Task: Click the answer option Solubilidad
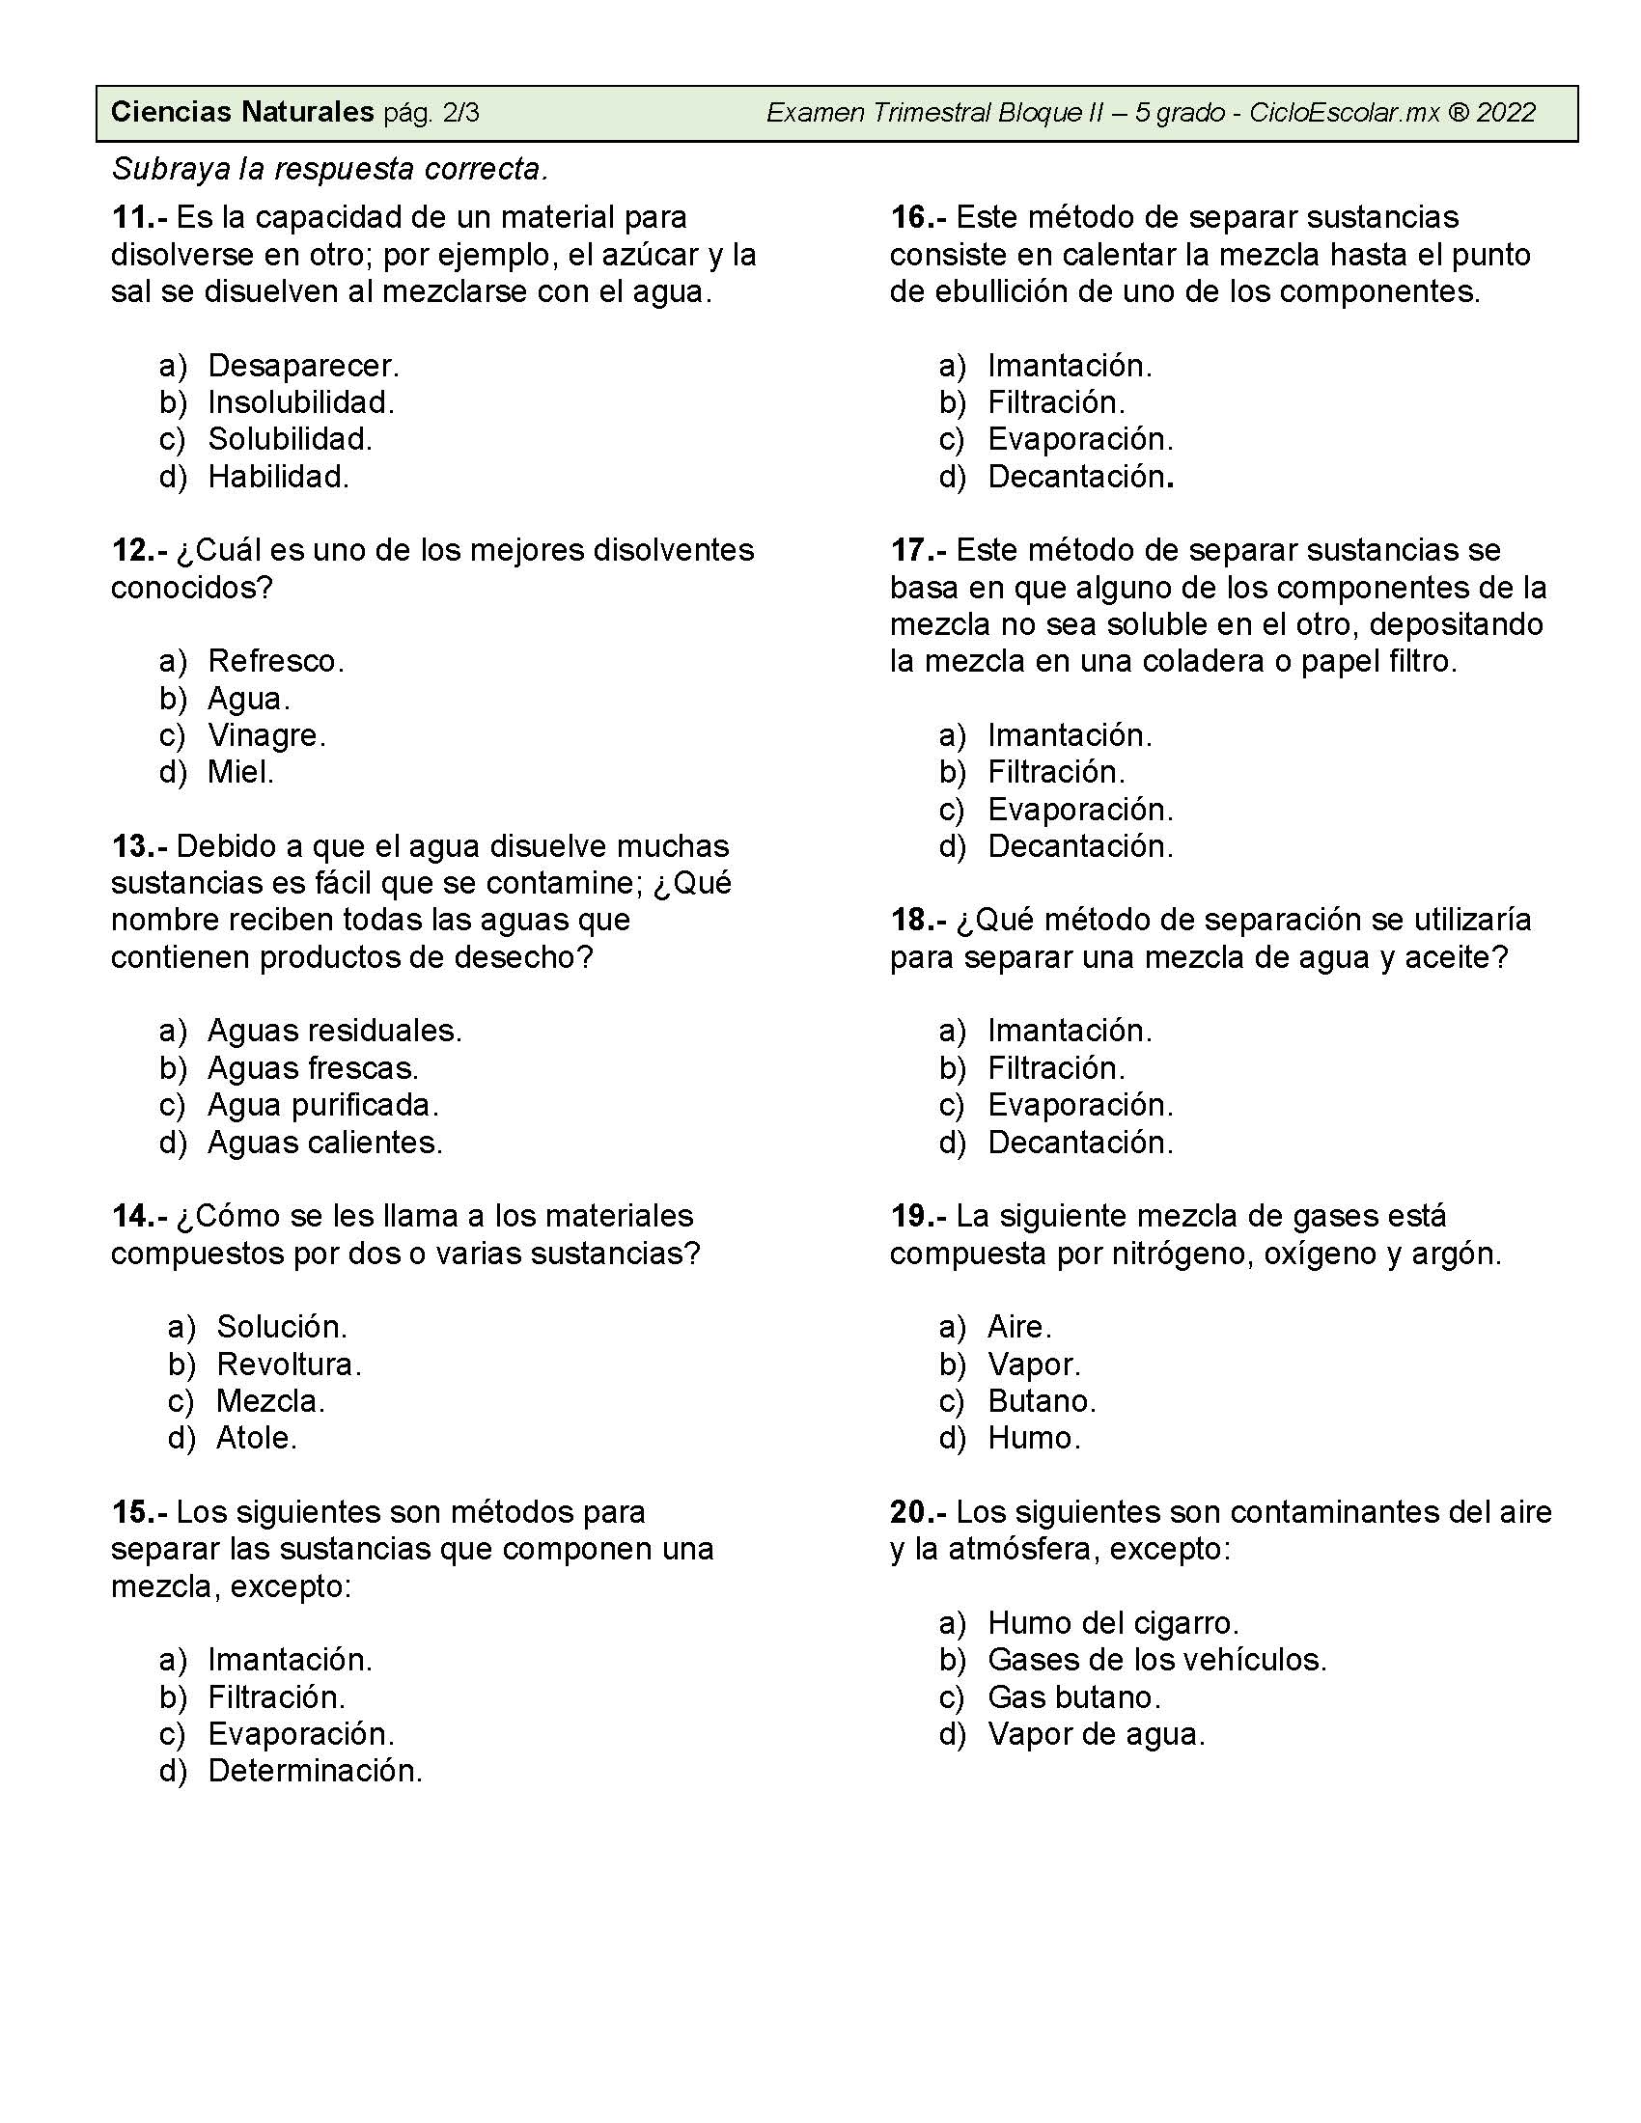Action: [x=290, y=439]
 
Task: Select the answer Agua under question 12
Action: [x=249, y=698]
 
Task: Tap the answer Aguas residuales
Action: [x=334, y=1031]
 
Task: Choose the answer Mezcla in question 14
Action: [x=270, y=1401]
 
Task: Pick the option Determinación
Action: [x=315, y=1771]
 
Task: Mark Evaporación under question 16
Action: [x=1080, y=439]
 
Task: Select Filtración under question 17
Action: [x=1056, y=772]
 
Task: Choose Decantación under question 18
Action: [x=1080, y=1143]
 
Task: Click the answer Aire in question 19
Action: [x=1018, y=1327]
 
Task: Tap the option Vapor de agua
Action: [x=1096, y=1734]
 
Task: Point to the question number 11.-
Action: [x=139, y=217]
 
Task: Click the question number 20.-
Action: [x=918, y=1511]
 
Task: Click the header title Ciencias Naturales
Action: [x=242, y=113]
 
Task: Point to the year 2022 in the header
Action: [x=1506, y=113]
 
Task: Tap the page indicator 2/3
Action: [x=460, y=113]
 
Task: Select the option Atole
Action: [x=256, y=1438]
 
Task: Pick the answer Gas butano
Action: [x=1074, y=1697]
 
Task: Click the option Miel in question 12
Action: [x=240, y=772]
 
